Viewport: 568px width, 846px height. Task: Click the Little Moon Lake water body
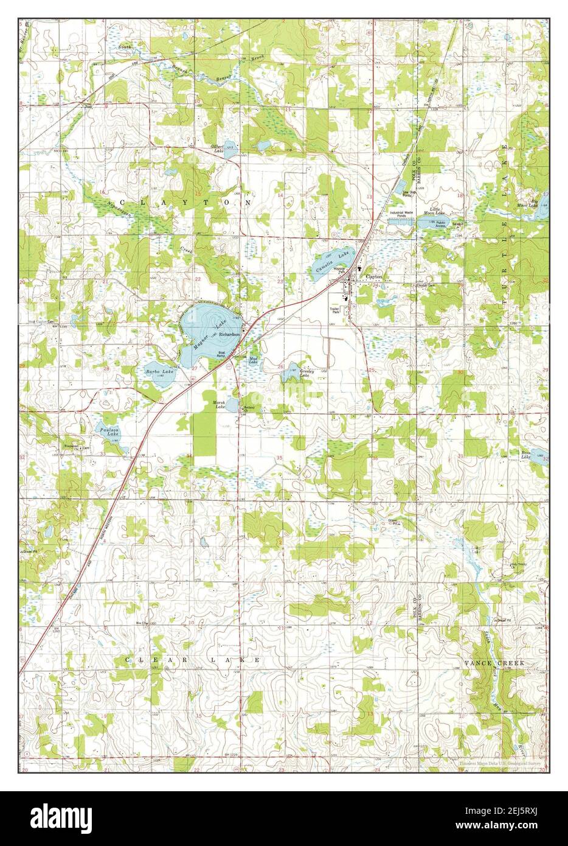tap(431, 223)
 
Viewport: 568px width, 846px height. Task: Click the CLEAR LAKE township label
tap(193, 660)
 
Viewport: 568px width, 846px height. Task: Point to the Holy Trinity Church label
tap(518, 564)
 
